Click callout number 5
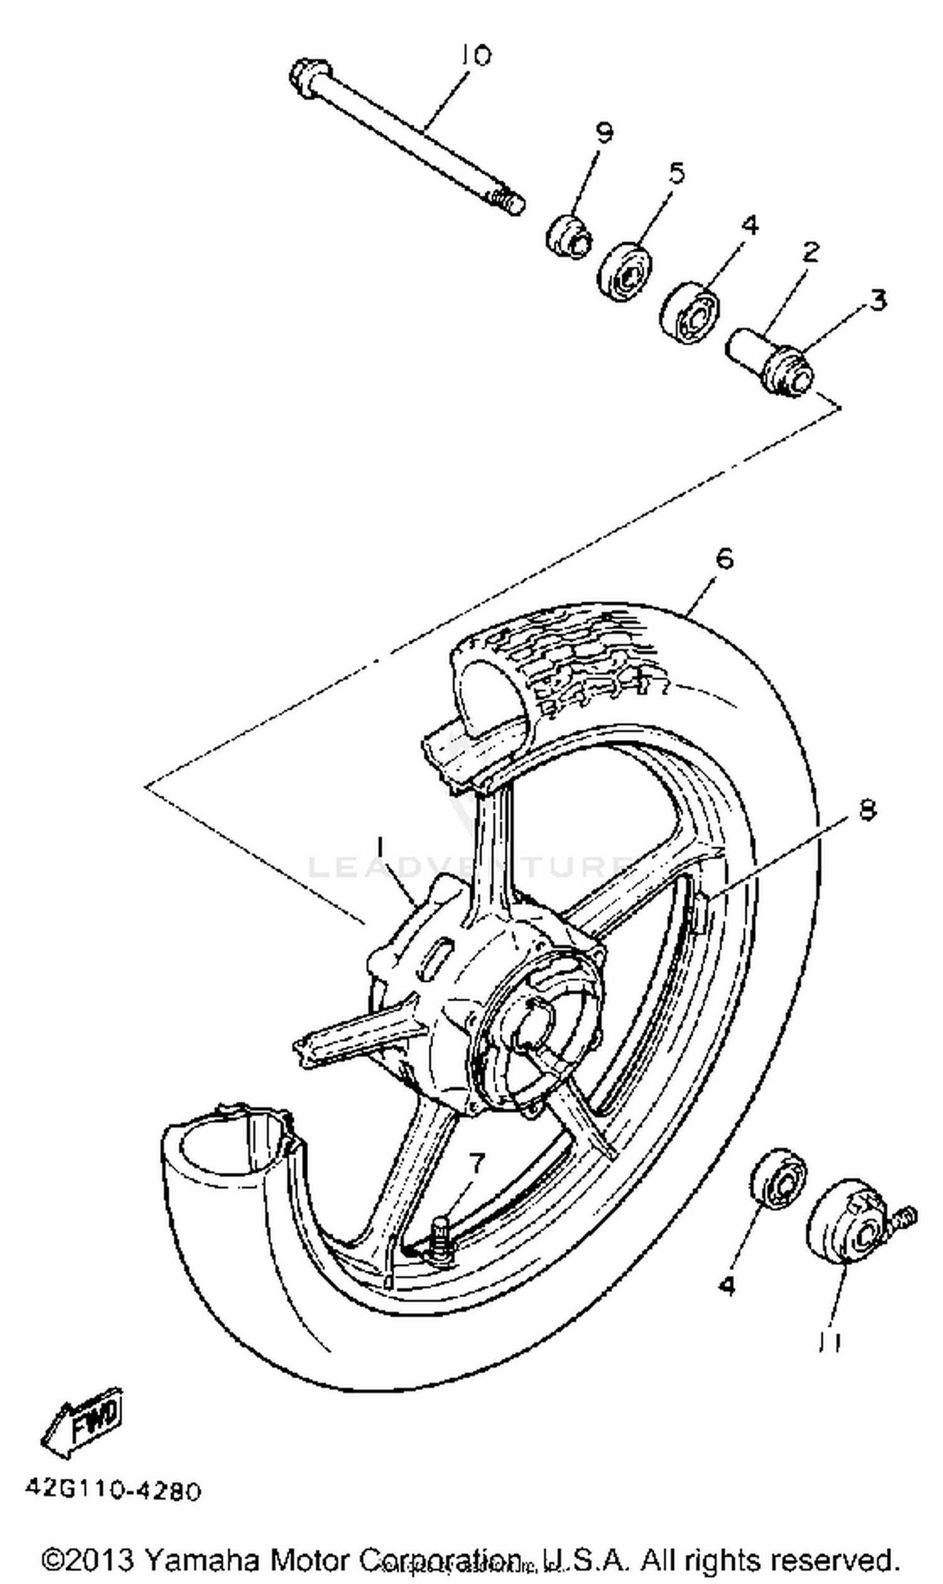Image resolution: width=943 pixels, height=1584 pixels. (676, 172)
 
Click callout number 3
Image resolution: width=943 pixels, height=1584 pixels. (878, 299)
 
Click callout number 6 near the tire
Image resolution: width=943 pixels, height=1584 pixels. (724, 558)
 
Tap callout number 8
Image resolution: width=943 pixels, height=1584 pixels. (867, 810)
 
